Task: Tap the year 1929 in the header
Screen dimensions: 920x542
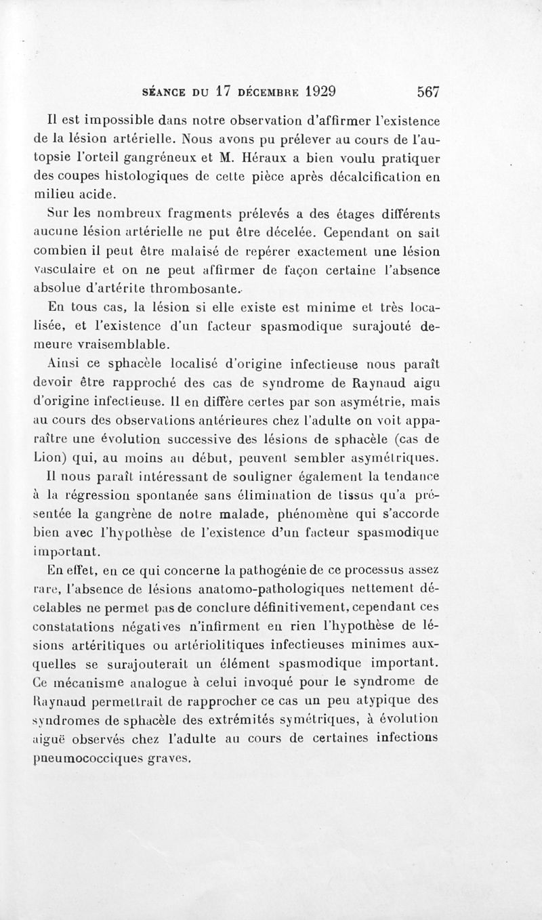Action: [322, 91]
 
